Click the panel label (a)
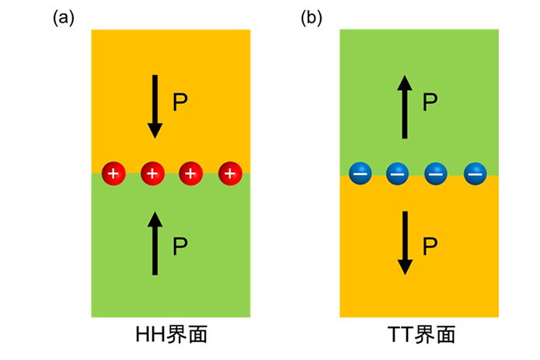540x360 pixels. pyautogui.click(x=64, y=18)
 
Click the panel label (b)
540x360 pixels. pyautogui.click(x=312, y=18)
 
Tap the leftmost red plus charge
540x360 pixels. pyautogui.click(x=113, y=173)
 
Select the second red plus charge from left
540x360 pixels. pyautogui.click(x=152, y=173)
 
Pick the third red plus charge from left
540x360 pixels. pyautogui.click(x=191, y=173)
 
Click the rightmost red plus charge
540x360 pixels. pyautogui.click(x=231, y=173)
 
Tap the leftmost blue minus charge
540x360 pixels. pyautogui.click(x=361, y=173)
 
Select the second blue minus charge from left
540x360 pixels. pyautogui.click(x=397, y=173)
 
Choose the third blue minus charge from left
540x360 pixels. pyautogui.click(x=436, y=173)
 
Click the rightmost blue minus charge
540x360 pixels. pyautogui.click(x=476, y=173)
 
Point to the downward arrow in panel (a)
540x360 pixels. pyautogui.click(x=155, y=107)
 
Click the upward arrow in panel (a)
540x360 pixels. pyautogui.click(x=155, y=243)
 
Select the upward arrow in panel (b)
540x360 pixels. pyautogui.click(x=405, y=107)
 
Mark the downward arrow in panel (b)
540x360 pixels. pyautogui.click(x=405, y=243)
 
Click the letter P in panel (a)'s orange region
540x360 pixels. pyautogui.click(x=180, y=102)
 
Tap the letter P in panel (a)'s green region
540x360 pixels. pyautogui.click(x=180, y=246)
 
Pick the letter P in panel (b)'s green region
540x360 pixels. pyautogui.click(x=430, y=102)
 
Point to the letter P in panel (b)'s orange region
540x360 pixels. pyautogui.click(x=430, y=246)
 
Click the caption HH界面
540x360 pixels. pyautogui.click(x=172, y=334)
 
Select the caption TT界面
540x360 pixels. pyautogui.click(x=421, y=334)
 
